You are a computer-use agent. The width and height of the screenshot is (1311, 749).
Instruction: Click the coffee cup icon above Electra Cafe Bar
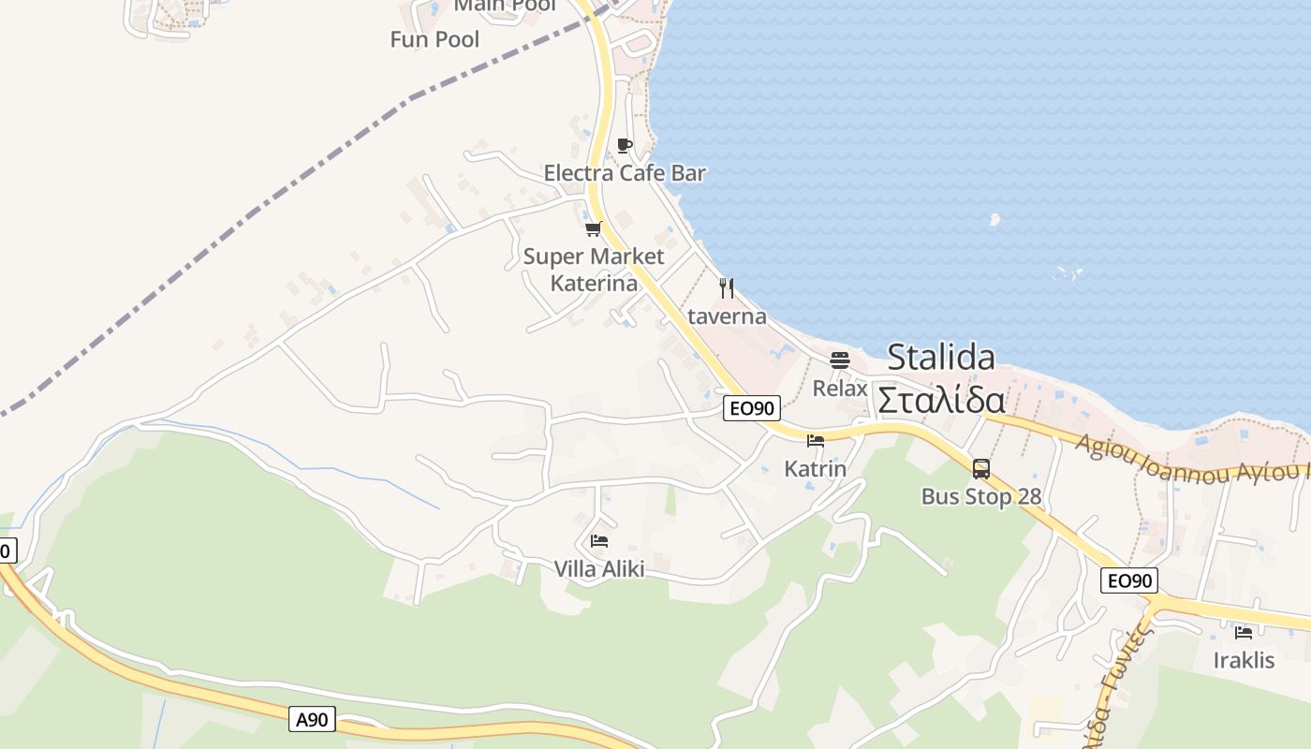[625, 145]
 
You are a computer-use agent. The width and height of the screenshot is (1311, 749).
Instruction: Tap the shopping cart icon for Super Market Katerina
[593, 228]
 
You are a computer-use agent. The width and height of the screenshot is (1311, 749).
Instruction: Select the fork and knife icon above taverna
[727, 287]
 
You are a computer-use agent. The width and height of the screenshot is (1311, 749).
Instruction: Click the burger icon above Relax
[840, 360]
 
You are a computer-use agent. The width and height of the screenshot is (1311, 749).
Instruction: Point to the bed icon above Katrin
[816, 441]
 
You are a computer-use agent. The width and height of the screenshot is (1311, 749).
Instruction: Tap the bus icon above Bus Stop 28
[980, 469]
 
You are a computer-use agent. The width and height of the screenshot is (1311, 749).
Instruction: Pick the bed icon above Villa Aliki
[599, 540]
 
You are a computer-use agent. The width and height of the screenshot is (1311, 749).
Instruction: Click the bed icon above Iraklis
[1244, 632]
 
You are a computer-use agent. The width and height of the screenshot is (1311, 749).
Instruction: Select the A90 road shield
[312, 719]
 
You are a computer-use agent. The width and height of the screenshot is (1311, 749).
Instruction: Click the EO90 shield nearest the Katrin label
[752, 408]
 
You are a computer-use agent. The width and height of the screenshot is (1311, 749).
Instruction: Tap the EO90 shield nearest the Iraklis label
[1129, 580]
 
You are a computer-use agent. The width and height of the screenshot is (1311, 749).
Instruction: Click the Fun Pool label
[435, 39]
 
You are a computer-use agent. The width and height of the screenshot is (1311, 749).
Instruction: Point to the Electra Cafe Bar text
[625, 173]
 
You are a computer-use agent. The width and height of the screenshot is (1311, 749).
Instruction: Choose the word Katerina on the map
[594, 283]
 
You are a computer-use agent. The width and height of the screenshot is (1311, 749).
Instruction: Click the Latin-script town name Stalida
[941, 357]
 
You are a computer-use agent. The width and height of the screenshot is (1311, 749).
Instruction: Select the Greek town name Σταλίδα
[941, 400]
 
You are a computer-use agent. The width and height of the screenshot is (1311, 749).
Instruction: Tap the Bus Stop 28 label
[980, 496]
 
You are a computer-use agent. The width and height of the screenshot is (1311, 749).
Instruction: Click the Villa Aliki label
[599, 568]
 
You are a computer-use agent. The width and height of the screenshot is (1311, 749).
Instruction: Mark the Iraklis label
[1244, 660]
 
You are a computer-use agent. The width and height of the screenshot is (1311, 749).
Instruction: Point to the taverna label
[727, 316]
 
